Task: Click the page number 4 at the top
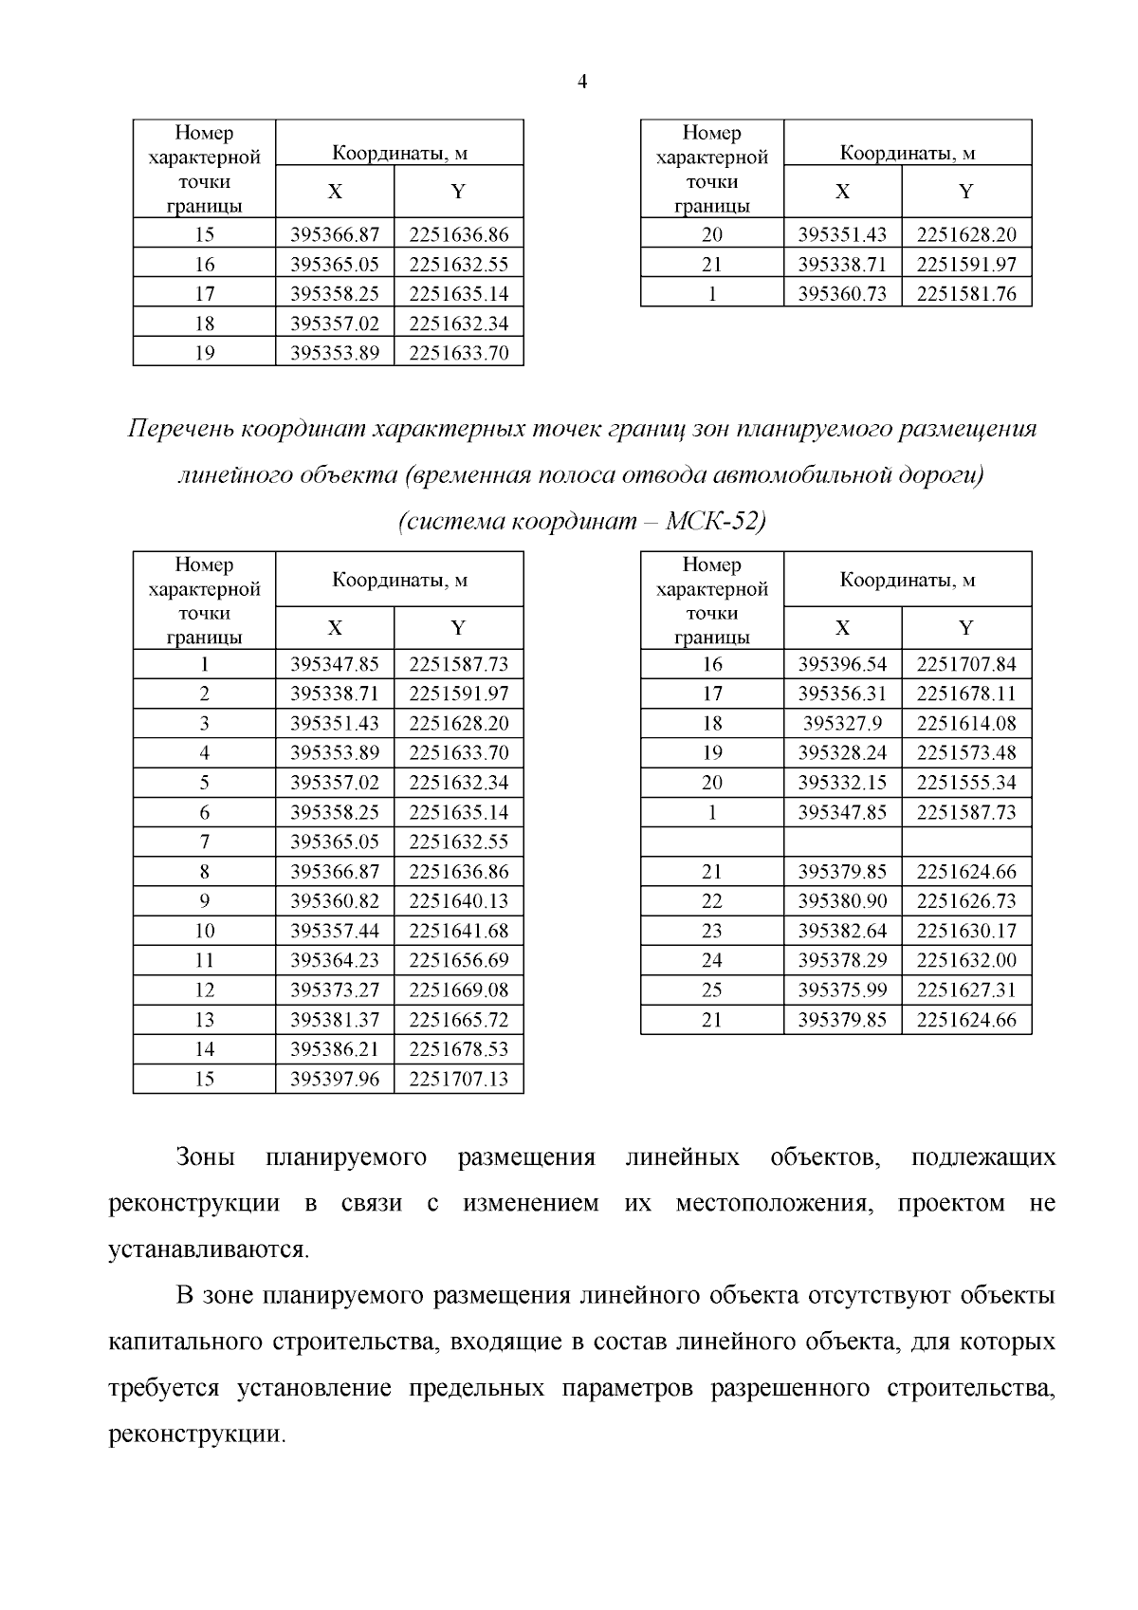582,83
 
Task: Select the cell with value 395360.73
842,294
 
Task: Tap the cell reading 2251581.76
965,294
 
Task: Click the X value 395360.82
334,901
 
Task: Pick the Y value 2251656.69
458,960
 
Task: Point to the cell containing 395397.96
334,1079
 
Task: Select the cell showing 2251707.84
965,664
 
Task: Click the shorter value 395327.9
842,724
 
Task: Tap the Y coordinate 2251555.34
965,783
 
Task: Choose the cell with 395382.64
842,931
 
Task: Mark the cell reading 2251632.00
965,960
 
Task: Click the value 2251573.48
965,753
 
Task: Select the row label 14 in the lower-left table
204,1049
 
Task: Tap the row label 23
711,931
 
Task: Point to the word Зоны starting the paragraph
205,1158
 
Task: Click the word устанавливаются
209,1249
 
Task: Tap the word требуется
164,1389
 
